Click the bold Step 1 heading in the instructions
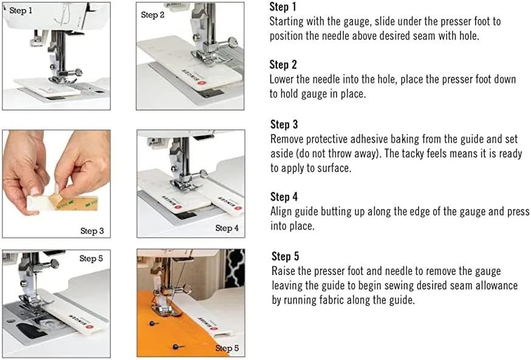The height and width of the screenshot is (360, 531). pyautogui.click(x=283, y=7)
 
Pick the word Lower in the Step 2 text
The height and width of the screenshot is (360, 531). pyautogui.click(x=281, y=79)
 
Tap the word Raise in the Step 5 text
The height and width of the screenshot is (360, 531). pyautogui.click(x=284, y=271)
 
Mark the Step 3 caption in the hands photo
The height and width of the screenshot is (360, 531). pyautogui.click(x=92, y=231)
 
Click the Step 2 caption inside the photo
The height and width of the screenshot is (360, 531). pyautogui.click(x=152, y=15)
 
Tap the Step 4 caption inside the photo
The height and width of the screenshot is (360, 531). pyautogui.click(x=227, y=228)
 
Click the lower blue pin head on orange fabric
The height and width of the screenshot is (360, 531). pyautogui.click(x=175, y=347)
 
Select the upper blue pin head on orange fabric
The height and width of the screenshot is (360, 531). pyautogui.click(x=152, y=324)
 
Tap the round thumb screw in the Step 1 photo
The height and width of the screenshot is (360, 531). pyautogui.click(x=78, y=72)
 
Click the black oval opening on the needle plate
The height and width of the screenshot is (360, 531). pyautogui.click(x=30, y=330)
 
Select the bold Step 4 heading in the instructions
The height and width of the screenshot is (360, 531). pyautogui.click(x=284, y=197)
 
